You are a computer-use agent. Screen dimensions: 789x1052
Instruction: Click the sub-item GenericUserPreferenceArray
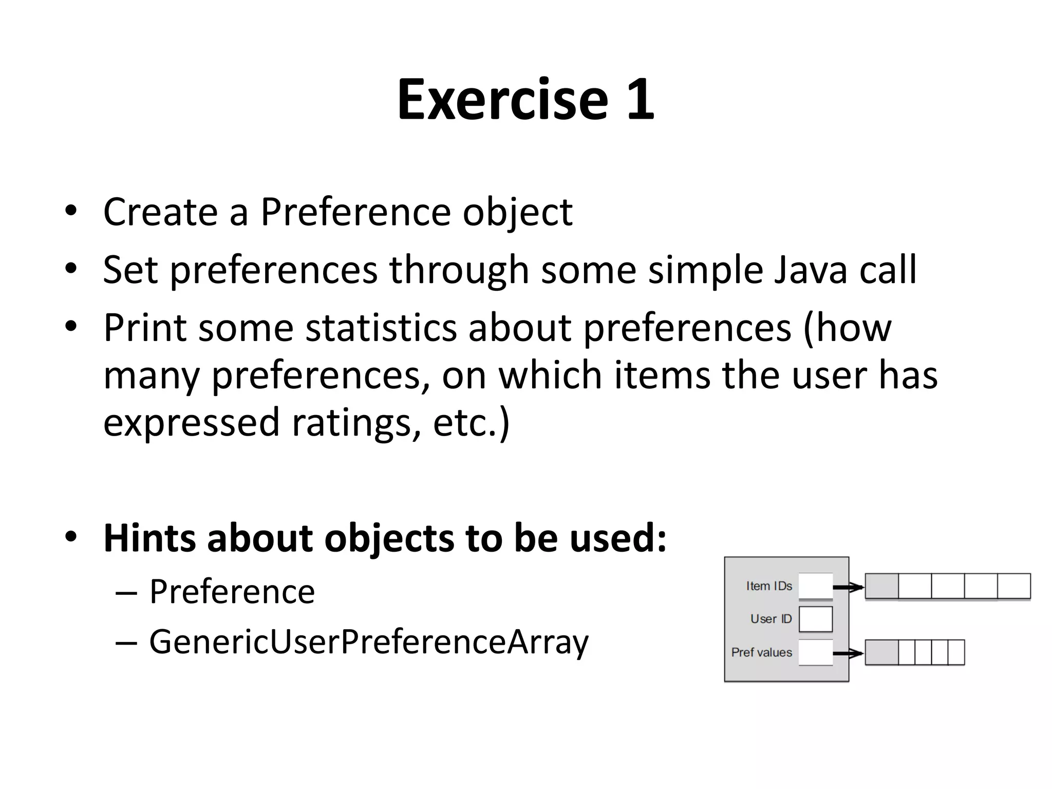pos(368,642)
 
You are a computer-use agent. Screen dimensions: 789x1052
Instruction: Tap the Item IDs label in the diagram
pos(769,586)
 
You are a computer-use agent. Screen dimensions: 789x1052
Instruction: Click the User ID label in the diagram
pos(771,619)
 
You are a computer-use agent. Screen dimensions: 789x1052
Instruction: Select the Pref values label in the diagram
pos(761,652)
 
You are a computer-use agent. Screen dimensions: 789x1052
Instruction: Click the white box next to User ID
pos(816,619)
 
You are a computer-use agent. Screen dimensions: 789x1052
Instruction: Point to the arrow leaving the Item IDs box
pos(848,587)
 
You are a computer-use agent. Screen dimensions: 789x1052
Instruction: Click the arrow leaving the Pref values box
pos(848,653)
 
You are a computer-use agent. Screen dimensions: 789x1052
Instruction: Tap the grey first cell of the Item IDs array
pos(881,586)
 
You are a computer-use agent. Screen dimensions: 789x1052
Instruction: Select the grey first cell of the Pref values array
pos(881,652)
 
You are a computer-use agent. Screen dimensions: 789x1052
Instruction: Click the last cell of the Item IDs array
pos(1013,586)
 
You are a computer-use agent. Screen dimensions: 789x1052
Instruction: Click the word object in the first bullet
pos(517,212)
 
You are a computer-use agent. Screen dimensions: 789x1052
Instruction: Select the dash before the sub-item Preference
pos(126,593)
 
